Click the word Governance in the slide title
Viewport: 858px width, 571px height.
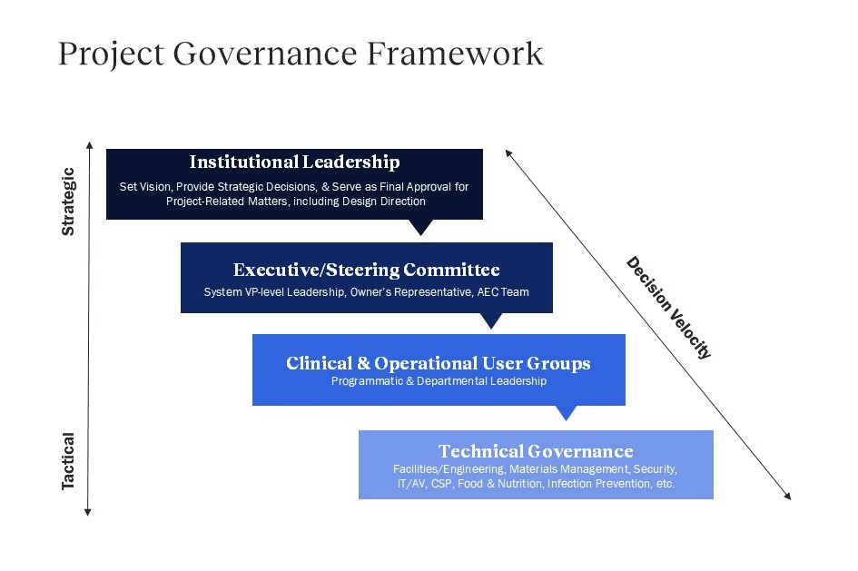point(265,54)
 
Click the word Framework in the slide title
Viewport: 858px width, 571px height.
point(455,54)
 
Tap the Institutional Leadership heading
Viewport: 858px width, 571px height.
point(294,162)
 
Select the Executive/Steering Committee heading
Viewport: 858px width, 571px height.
point(366,270)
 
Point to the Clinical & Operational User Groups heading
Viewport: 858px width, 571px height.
point(439,363)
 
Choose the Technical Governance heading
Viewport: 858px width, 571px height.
point(536,451)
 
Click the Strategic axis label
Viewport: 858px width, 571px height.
point(68,202)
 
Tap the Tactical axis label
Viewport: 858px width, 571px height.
point(68,461)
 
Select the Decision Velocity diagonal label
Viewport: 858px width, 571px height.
point(668,308)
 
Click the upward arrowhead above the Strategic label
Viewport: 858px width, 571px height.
point(90,145)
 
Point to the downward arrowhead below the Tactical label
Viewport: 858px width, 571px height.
point(87,512)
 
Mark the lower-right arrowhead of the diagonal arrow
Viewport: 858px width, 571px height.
point(787,496)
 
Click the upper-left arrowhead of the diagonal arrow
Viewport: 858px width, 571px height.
point(508,153)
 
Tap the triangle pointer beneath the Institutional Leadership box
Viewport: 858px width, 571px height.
point(420,226)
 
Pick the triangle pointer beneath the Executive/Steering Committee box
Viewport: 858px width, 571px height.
point(491,320)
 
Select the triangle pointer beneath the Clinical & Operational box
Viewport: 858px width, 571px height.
point(566,412)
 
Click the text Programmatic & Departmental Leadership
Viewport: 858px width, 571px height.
point(439,381)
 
